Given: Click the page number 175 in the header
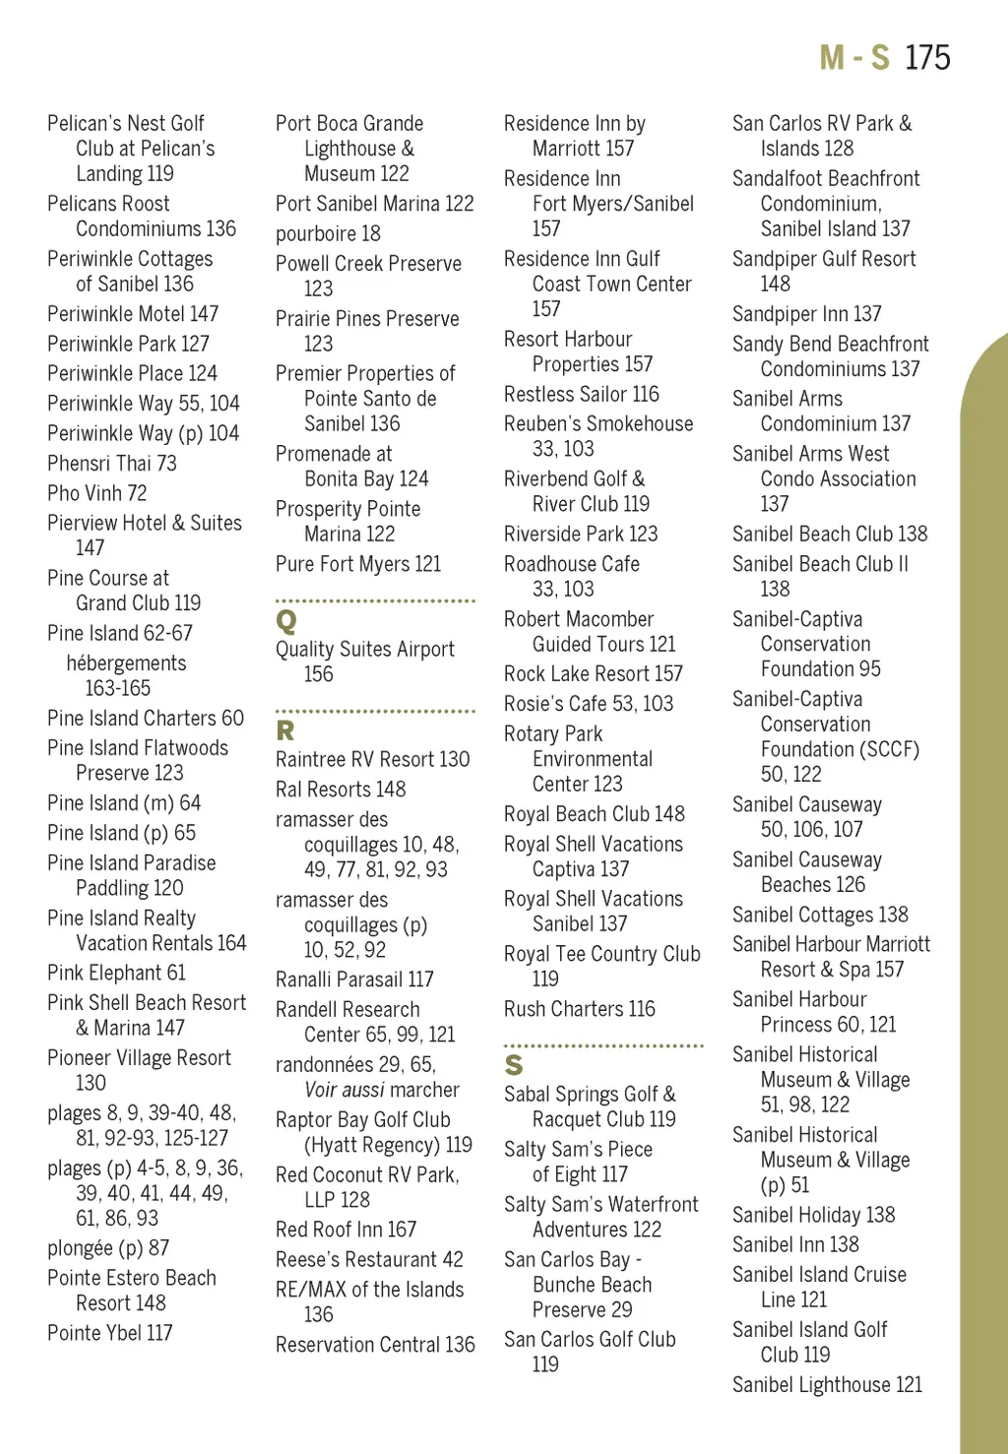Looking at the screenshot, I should tap(927, 58).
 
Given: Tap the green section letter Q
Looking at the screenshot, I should tap(286, 621).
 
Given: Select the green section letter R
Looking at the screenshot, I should tap(285, 730).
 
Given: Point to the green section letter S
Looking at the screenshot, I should tap(514, 1065).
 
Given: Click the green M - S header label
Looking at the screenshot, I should tap(854, 58).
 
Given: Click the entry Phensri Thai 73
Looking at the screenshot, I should tap(112, 464).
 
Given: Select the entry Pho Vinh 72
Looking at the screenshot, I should tap(97, 493).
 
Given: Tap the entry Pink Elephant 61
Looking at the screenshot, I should tap(117, 974).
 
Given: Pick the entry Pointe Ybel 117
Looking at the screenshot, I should tap(110, 1334).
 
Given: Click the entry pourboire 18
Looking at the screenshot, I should tap(328, 234).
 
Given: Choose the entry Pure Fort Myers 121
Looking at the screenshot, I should tap(358, 565).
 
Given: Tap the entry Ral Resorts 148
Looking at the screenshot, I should tap(341, 790).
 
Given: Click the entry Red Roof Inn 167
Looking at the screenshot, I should tap(346, 1231).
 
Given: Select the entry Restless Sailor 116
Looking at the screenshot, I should tap(582, 395).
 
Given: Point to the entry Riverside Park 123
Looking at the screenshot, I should tap(581, 535).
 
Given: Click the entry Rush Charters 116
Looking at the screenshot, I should tap(580, 1010).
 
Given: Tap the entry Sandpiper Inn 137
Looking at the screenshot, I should tap(807, 314).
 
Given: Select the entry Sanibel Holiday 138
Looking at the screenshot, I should tap(814, 1216).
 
